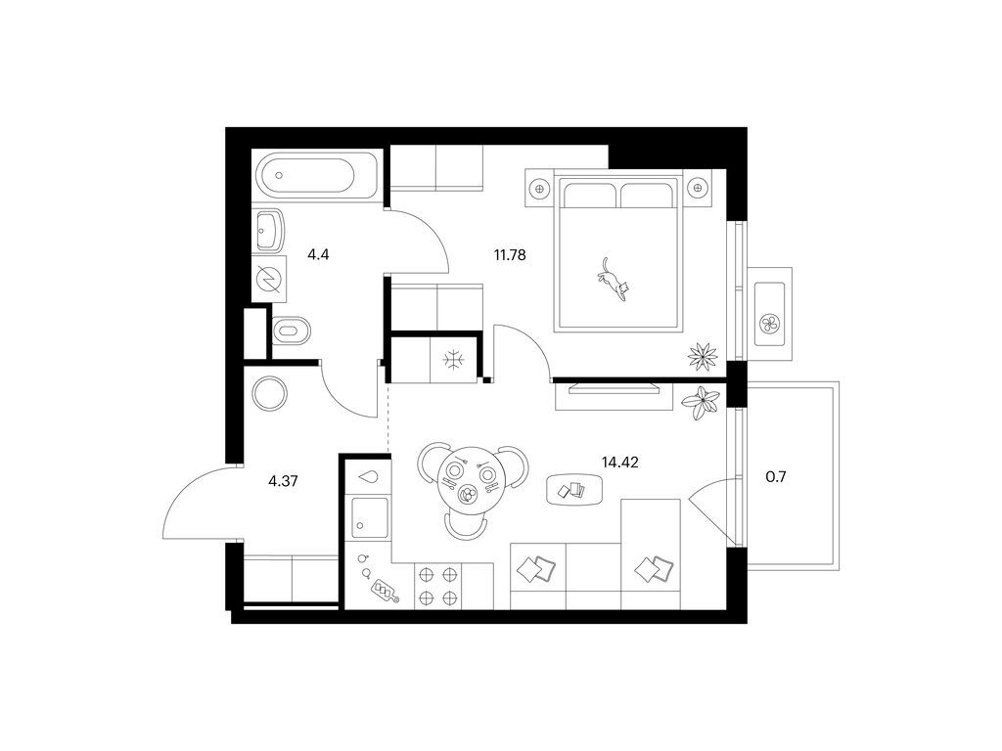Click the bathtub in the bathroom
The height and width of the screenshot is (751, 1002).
click(317, 174)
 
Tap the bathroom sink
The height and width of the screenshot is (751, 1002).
click(269, 231)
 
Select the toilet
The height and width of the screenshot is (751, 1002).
click(292, 331)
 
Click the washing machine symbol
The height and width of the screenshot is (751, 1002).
click(269, 279)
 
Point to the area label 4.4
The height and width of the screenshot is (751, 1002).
click(318, 255)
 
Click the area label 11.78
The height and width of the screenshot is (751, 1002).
click(509, 255)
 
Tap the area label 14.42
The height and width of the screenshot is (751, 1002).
click(619, 462)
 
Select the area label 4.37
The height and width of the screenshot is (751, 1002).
click(283, 481)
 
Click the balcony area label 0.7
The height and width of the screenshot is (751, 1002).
click(776, 476)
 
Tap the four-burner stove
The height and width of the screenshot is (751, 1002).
click(438, 587)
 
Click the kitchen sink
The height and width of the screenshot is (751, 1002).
click(370, 517)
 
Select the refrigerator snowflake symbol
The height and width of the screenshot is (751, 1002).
click(454, 360)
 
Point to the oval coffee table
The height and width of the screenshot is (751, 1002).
click(574, 491)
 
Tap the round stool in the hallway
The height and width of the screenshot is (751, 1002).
click(270, 393)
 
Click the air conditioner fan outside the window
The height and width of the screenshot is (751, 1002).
click(769, 323)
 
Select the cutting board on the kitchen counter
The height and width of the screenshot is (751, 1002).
click(385, 590)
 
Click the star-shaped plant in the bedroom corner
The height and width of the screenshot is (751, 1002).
click(703, 356)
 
